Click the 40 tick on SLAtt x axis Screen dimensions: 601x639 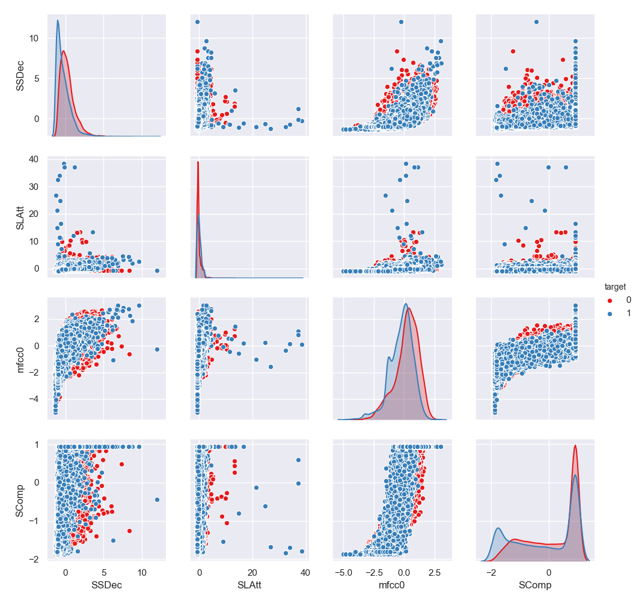pos(305,571)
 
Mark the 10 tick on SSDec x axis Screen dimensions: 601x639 pos(142,571)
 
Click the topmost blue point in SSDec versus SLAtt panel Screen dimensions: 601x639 pos(197,22)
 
